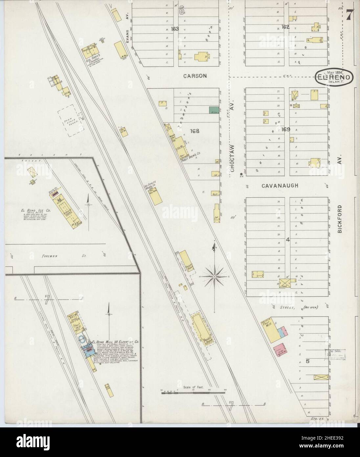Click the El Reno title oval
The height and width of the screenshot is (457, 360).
pos(335,77)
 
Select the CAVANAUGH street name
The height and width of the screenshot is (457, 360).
pos(280,186)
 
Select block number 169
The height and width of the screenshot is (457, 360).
pos(285,130)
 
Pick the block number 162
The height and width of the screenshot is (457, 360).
pos(285,27)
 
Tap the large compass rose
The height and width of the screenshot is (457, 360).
pos(214,277)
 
